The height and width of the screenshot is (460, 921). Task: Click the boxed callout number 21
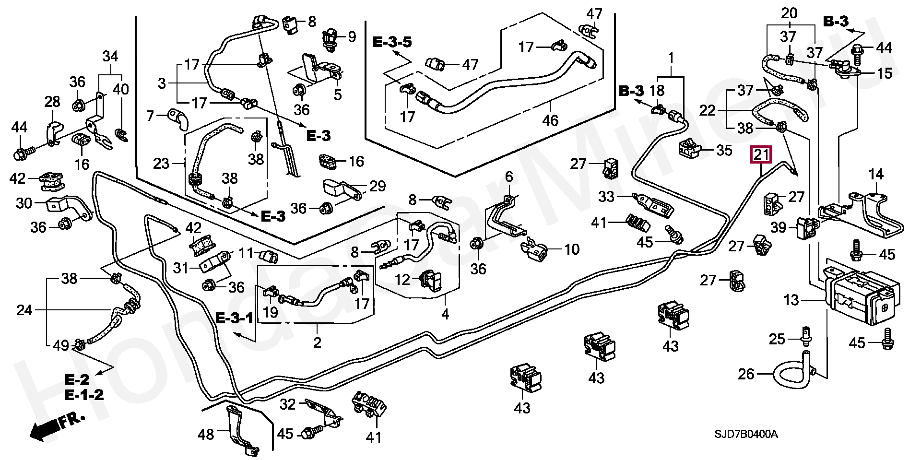click(x=761, y=154)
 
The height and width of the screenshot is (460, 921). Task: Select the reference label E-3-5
click(x=392, y=42)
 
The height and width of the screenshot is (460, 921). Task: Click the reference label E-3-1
click(x=234, y=318)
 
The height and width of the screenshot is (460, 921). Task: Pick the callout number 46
click(x=550, y=120)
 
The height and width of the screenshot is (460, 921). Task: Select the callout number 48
click(x=206, y=435)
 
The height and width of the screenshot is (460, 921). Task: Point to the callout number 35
click(x=724, y=151)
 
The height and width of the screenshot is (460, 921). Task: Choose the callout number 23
click(x=161, y=164)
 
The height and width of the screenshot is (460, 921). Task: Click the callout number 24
click(x=24, y=310)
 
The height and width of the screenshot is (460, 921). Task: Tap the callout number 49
click(x=60, y=345)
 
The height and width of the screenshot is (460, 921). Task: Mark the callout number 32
click(x=288, y=404)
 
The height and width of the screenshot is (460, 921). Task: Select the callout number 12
click(x=402, y=279)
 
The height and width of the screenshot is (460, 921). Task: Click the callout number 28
click(x=52, y=102)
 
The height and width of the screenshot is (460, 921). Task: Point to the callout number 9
click(x=352, y=36)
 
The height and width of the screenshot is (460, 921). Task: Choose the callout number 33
click(x=606, y=196)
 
